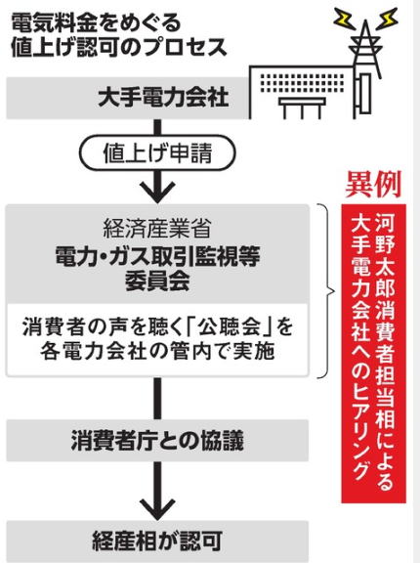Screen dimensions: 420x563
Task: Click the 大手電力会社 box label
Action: (x=163, y=98)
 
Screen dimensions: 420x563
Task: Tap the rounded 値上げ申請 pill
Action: (x=157, y=152)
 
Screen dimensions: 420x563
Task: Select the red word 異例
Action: (x=373, y=185)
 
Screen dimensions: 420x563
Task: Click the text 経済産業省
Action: (x=156, y=228)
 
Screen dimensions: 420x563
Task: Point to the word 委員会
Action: (x=157, y=281)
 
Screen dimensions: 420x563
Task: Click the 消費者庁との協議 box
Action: (x=157, y=440)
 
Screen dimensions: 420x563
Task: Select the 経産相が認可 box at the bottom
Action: (x=157, y=541)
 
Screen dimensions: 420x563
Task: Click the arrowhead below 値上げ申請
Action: (x=157, y=193)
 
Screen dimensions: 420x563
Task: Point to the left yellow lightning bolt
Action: (x=345, y=20)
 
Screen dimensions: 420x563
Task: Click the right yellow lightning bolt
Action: (x=387, y=19)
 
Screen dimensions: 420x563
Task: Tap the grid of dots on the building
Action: (x=302, y=84)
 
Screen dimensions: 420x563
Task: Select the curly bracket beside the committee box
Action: (x=327, y=291)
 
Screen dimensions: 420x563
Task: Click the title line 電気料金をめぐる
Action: (x=98, y=23)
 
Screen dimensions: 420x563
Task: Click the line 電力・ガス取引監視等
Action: (x=157, y=256)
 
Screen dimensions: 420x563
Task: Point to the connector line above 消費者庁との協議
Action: (x=157, y=399)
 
